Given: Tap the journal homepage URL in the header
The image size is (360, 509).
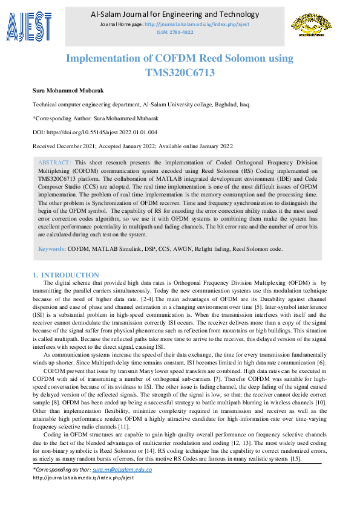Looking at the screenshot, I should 197,24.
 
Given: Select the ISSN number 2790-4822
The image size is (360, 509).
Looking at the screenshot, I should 180,32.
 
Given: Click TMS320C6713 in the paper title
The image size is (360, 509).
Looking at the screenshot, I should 180,73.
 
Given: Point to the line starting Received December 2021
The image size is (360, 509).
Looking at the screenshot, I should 132,146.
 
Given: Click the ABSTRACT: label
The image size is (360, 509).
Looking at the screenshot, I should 54,163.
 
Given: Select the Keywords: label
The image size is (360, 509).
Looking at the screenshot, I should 52,248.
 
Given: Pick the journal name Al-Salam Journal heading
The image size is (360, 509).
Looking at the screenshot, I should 179,14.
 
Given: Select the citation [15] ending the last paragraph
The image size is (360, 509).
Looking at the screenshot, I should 295,459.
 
